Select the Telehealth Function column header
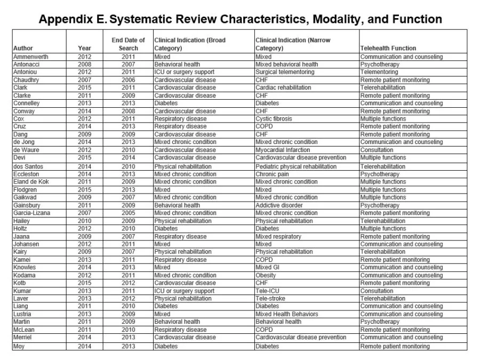pos(388,48)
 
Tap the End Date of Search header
pos(128,44)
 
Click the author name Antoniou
pos(26,72)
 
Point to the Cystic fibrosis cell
pos(274,119)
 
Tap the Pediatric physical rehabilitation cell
pos(296,166)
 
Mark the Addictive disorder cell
pos(279,205)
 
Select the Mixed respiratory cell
pos(278,236)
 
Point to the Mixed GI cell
pos(268,267)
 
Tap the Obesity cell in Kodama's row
pos(267,275)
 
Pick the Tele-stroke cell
pos(270,299)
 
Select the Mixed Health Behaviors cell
pos(286,314)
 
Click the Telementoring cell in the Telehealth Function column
pos(379,72)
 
